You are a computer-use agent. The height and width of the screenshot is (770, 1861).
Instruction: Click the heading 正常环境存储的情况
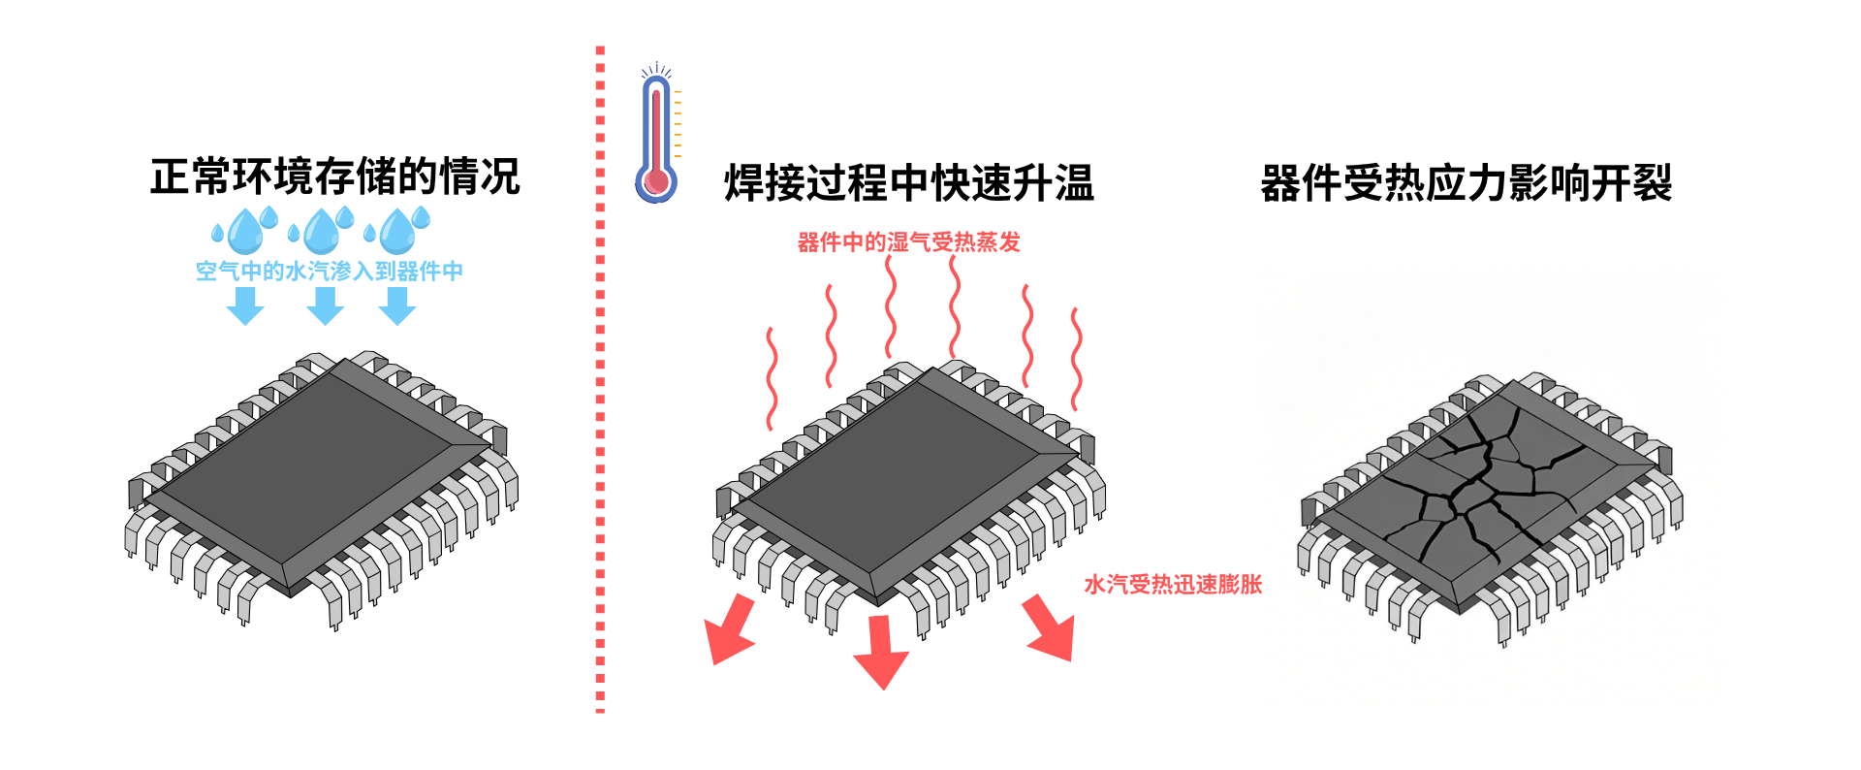[x=334, y=176]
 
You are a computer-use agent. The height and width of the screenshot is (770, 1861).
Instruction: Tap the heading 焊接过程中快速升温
[x=908, y=183]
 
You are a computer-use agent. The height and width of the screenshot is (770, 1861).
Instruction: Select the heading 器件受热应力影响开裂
[x=1466, y=183]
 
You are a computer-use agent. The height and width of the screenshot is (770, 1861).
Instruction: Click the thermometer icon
[x=657, y=136]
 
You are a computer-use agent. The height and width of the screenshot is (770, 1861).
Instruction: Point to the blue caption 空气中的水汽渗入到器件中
[x=330, y=272]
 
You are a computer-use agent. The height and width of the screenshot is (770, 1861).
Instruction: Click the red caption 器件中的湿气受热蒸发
[x=908, y=242]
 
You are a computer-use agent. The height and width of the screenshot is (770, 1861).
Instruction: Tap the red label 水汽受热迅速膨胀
[x=1173, y=584]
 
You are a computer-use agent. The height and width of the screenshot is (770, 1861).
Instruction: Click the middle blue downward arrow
[x=326, y=306]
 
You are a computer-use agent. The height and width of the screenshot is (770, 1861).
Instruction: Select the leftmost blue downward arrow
[x=245, y=306]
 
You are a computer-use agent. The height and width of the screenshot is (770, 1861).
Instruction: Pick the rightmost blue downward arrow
[x=397, y=306]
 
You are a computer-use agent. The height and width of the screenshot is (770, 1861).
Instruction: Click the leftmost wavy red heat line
[x=772, y=378]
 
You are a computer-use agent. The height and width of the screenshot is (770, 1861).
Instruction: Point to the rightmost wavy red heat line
[x=1076, y=359]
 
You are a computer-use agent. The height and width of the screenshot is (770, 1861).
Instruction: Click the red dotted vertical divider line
[x=600, y=388]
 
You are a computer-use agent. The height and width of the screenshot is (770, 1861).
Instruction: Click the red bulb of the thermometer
[x=657, y=180]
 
